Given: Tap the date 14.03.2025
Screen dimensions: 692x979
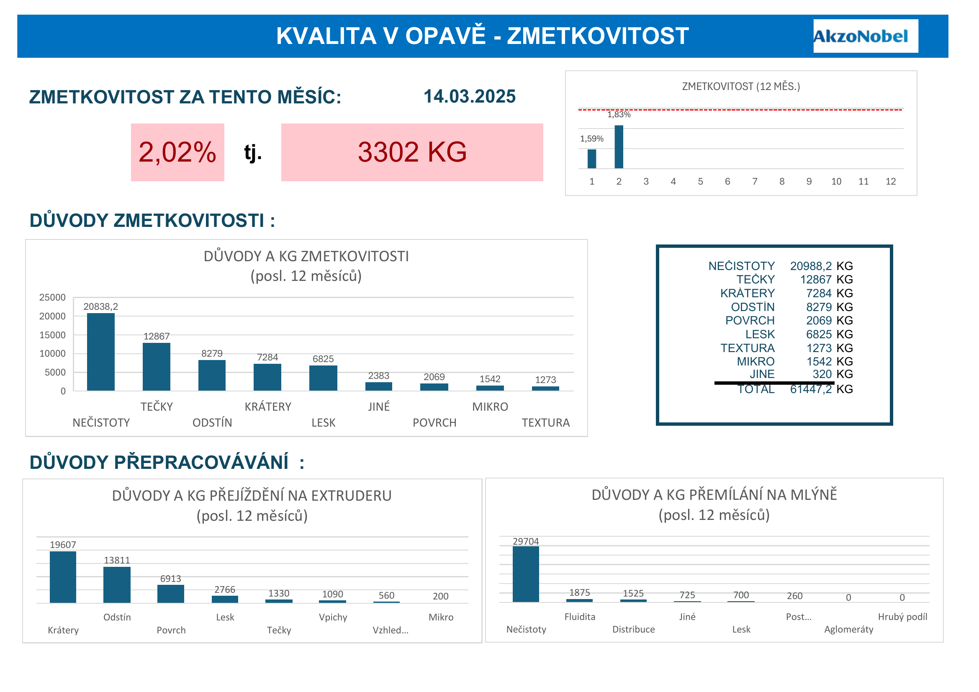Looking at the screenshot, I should click(469, 97).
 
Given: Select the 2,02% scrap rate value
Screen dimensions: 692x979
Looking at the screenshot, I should click(177, 152).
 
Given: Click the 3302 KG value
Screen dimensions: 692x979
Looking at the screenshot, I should click(412, 152).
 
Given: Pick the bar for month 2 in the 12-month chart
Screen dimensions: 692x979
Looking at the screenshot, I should click(619, 147).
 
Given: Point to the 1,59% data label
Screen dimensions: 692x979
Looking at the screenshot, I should click(591, 139).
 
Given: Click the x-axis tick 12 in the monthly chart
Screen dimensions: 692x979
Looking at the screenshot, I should click(890, 182).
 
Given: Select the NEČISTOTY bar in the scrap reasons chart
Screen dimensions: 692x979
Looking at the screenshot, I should click(100, 352).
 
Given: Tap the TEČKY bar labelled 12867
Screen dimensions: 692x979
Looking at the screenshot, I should click(157, 367).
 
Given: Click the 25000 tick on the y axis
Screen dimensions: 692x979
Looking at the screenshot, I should click(52, 298).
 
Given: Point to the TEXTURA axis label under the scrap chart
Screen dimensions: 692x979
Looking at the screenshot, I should click(545, 423).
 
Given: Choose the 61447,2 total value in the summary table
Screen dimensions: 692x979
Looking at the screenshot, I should click(811, 389).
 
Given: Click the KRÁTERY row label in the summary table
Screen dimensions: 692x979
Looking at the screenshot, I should click(747, 294).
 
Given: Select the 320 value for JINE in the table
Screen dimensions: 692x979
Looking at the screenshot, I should click(822, 374).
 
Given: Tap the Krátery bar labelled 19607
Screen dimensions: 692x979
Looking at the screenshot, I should click(63, 577).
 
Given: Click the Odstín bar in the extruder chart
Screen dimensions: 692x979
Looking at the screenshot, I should click(117, 584).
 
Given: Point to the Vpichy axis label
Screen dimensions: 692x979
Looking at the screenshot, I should click(333, 617).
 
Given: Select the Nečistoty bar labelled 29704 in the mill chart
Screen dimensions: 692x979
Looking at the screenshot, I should click(526, 574).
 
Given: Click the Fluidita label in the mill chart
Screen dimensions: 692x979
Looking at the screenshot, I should click(579, 617).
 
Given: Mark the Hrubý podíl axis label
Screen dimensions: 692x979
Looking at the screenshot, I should click(902, 617).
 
